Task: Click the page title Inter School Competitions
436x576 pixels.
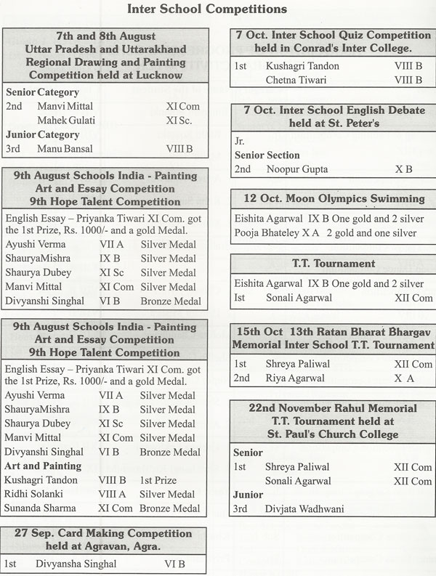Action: click(207, 9)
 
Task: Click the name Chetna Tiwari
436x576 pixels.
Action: click(297, 80)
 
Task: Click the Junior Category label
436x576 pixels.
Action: click(43, 134)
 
